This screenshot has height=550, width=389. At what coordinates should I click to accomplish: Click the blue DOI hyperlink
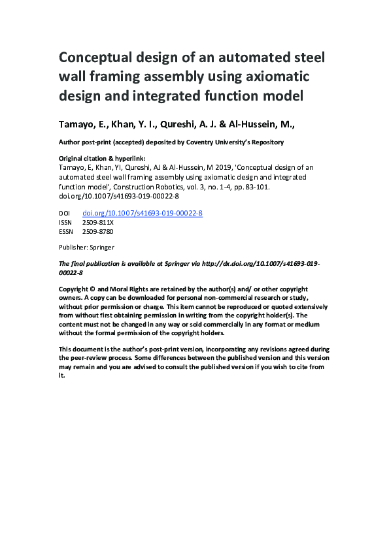142,213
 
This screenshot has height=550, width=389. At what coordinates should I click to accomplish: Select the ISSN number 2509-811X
97,222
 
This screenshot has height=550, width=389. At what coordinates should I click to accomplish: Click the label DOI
64,213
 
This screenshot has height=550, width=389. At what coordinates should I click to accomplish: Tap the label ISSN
65,222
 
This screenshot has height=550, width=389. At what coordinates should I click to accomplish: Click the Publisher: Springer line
87,248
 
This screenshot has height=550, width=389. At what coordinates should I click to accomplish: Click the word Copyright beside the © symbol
73,288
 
